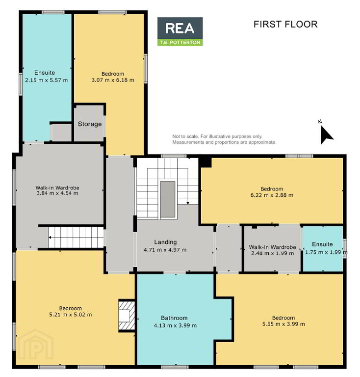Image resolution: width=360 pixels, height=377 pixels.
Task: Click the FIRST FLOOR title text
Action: (285, 24)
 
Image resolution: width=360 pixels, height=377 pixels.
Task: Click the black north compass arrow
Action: (326, 135)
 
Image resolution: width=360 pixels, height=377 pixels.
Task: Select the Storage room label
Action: (90, 124)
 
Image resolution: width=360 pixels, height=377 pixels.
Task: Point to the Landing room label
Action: (165, 242)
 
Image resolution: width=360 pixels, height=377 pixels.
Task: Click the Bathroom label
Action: (174, 318)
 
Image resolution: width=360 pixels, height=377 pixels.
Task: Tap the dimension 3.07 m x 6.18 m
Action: (113, 80)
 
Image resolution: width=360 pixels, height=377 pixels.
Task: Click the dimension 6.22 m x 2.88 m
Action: (272, 195)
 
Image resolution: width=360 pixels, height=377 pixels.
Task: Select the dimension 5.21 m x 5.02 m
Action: (70, 315)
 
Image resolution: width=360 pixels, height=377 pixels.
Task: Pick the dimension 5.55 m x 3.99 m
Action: (283, 324)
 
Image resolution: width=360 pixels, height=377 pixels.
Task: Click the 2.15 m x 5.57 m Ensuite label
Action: (46, 76)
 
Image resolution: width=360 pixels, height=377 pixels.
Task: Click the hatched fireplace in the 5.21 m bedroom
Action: (127, 316)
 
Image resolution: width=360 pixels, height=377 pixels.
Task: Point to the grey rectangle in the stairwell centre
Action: (168, 199)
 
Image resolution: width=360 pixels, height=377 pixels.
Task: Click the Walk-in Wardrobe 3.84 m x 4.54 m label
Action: (57, 190)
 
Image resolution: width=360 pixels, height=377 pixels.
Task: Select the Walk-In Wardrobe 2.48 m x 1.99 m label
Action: (272, 250)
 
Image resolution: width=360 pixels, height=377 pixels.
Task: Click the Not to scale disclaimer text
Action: (224, 139)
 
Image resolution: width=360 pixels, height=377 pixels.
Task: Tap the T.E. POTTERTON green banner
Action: (180, 43)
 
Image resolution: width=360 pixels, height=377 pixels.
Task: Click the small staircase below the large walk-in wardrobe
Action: (76, 237)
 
